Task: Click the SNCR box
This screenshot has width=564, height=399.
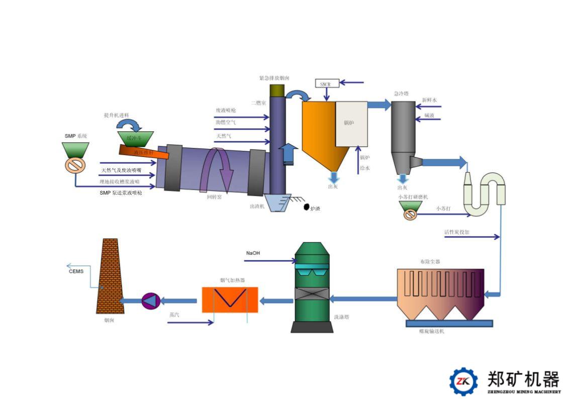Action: tap(326, 83)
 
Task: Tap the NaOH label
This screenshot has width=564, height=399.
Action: tap(253, 253)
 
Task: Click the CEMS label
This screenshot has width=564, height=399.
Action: tap(76, 271)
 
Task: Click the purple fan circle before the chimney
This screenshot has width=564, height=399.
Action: tap(150, 301)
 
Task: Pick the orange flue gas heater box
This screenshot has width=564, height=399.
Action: tap(230, 300)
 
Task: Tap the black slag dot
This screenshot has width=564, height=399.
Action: tap(306, 207)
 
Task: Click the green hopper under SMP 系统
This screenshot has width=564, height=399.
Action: tap(76, 150)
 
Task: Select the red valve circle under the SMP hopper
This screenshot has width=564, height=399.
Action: tap(76, 166)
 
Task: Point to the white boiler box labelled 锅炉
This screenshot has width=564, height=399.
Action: tap(351, 124)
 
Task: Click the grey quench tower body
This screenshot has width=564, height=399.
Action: tap(403, 126)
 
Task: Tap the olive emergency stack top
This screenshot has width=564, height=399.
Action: tap(277, 90)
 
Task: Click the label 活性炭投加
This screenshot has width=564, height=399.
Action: tap(456, 232)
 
